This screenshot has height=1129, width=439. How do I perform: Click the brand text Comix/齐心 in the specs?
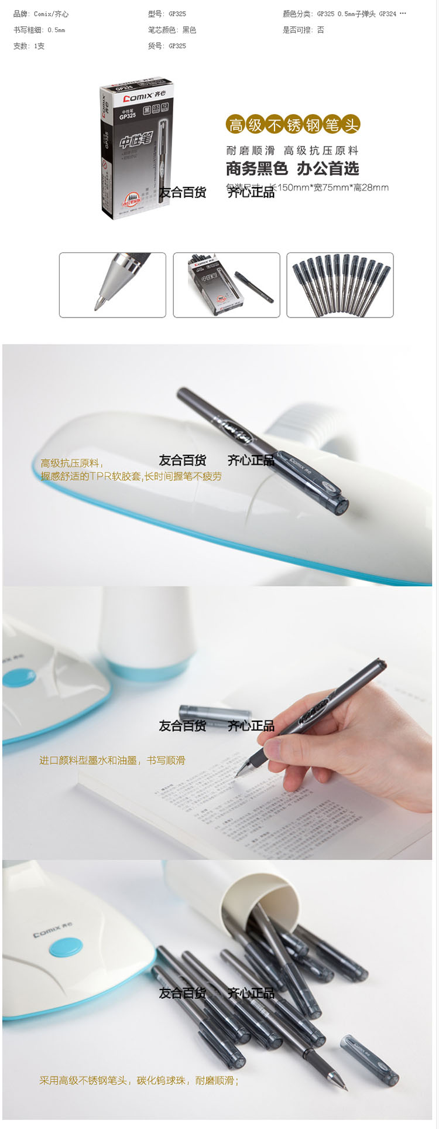(51, 14)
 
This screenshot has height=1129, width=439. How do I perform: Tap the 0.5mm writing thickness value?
(56, 30)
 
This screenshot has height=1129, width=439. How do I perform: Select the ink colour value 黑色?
(189, 30)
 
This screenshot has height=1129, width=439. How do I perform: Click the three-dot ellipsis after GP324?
(403, 13)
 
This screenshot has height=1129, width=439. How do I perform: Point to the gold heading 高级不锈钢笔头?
(293, 125)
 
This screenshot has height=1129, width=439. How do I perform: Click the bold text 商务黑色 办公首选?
(292, 169)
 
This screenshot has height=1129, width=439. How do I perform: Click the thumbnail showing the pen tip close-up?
(112, 285)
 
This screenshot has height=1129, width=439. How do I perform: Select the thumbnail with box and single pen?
(227, 285)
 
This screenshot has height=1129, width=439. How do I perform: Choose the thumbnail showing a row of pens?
(340, 285)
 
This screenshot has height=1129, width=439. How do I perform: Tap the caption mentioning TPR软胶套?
(131, 476)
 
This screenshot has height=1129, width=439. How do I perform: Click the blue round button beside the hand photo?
(19, 678)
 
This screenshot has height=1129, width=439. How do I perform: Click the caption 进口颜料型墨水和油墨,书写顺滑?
(112, 760)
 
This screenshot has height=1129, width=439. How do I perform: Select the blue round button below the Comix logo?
(65, 948)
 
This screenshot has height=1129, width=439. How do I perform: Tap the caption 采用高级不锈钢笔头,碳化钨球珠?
(139, 1080)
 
